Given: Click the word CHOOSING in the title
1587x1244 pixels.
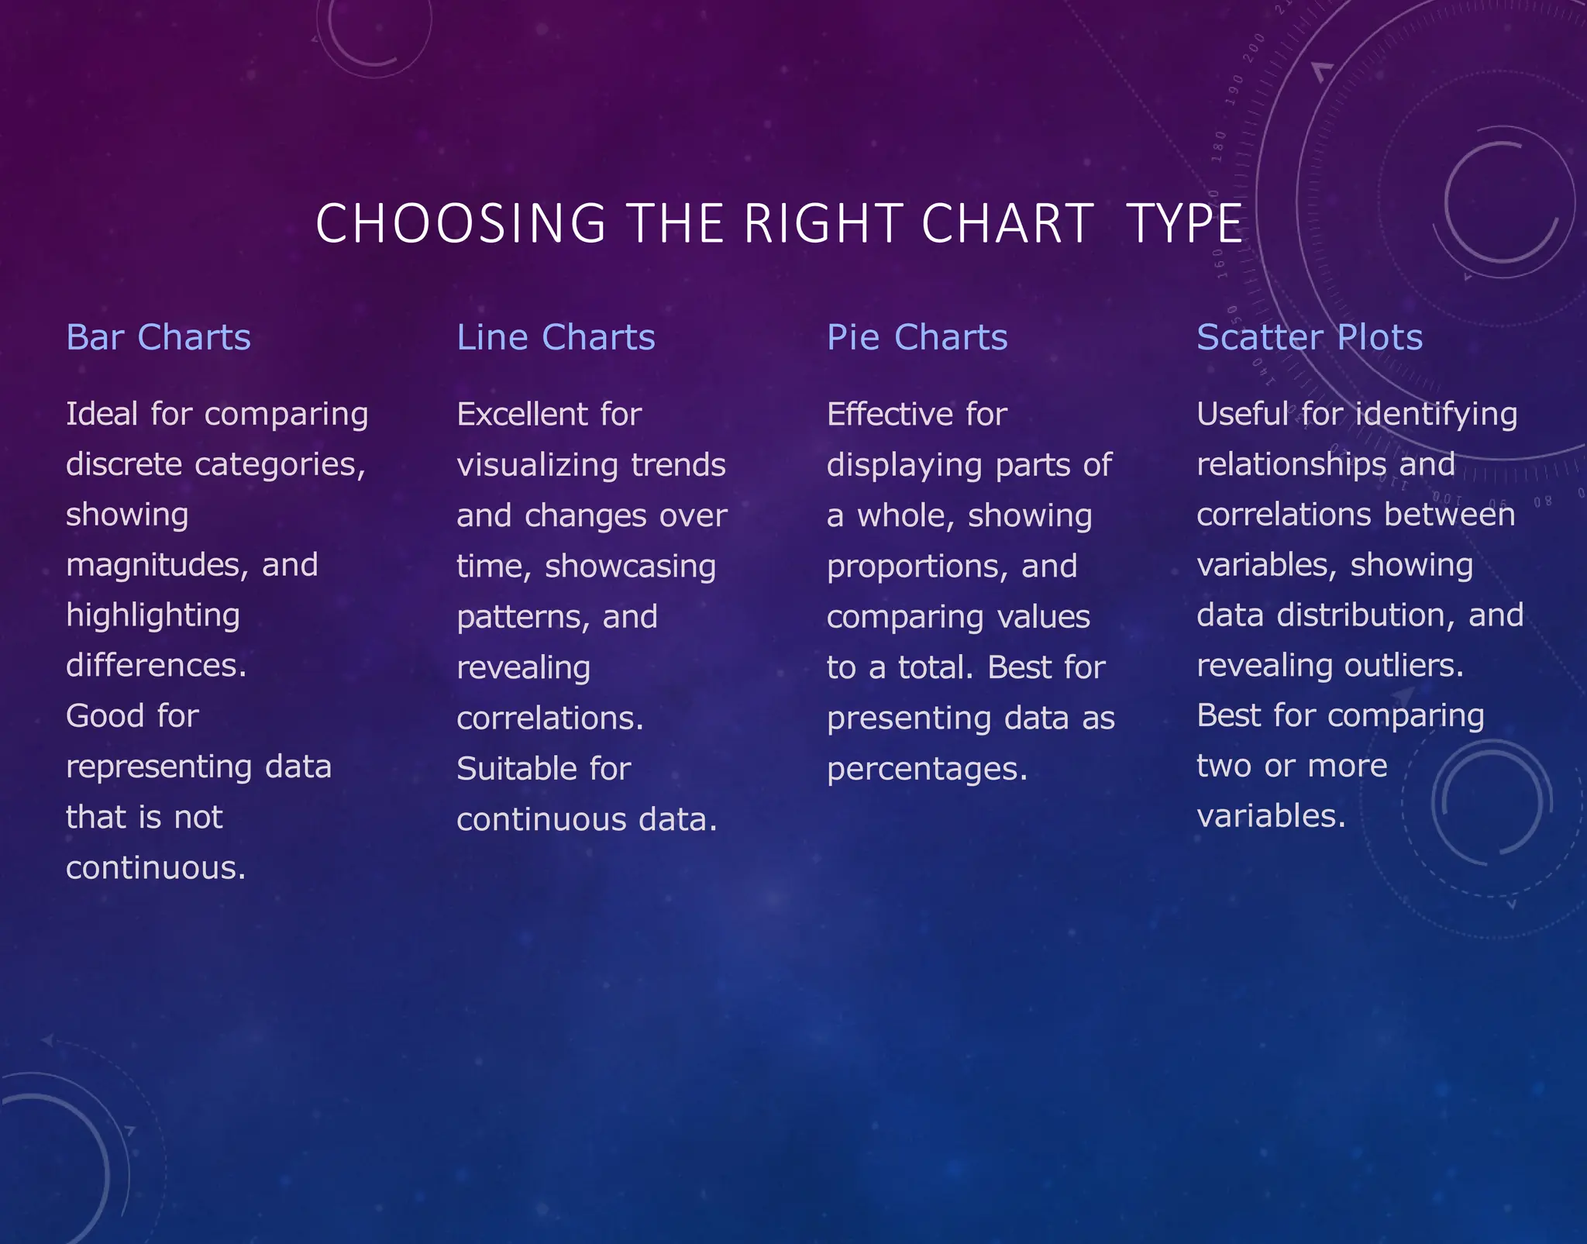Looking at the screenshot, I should (x=460, y=224).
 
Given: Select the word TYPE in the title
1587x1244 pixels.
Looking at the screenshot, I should (x=1184, y=224).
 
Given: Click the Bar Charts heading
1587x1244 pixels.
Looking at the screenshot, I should (x=158, y=338).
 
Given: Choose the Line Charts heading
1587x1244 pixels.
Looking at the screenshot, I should (x=556, y=338).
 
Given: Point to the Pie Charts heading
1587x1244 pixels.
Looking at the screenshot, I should (x=917, y=338).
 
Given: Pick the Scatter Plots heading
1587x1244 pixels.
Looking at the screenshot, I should (x=1310, y=338).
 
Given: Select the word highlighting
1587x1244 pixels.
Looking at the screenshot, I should (x=153, y=616).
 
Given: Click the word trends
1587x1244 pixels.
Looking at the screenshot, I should (x=678, y=465).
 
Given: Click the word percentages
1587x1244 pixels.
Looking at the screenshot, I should (x=927, y=770).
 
